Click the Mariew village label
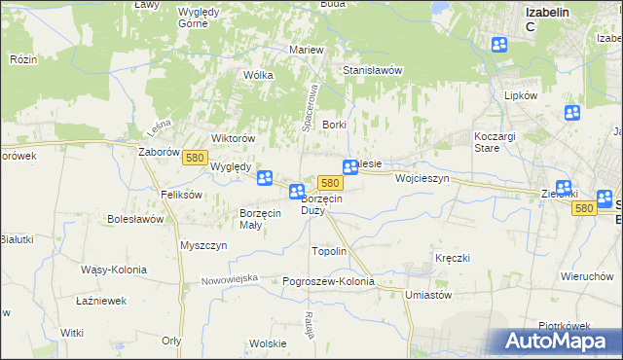point(306,50)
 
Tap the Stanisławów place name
point(373,71)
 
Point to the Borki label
point(335,126)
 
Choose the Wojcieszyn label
point(421,179)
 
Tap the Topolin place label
point(328,251)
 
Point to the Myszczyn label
point(203,245)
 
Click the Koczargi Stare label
point(499,142)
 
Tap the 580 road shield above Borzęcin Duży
point(330,183)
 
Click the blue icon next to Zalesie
point(350,168)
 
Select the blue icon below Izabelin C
point(499,45)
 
